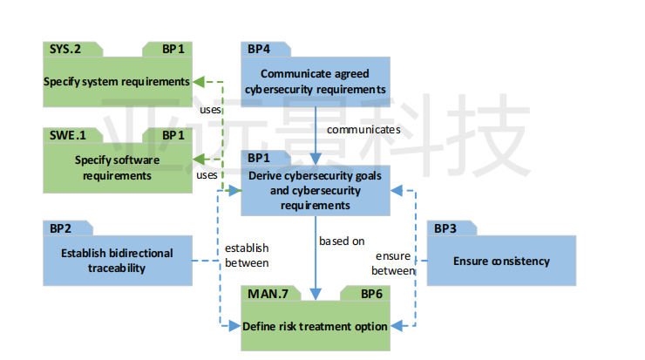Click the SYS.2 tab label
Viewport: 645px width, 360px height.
(x=65, y=50)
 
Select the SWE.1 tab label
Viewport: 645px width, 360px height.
(x=68, y=135)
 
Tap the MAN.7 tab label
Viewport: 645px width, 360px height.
(x=268, y=294)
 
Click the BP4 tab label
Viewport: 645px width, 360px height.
(x=259, y=50)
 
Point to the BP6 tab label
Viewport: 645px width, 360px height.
(x=372, y=294)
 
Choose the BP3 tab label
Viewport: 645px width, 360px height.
(x=445, y=228)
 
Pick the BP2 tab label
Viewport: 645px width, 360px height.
(x=60, y=228)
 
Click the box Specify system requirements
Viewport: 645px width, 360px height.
(x=118, y=82)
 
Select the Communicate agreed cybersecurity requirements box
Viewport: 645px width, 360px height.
(x=316, y=82)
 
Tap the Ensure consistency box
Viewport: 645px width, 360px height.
(x=501, y=261)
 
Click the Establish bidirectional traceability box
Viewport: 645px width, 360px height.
(x=118, y=261)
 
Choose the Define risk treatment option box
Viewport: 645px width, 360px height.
(x=316, y=326)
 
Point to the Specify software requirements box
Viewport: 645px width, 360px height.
(x=118, y=168)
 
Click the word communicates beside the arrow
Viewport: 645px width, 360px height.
(x=363, y=130)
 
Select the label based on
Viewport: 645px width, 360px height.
(x=342, y=241)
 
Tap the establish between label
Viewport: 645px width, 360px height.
(x=247, y=255)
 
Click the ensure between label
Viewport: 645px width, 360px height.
(x=393, y=263)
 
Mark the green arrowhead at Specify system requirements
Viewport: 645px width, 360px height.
(x=199, y=82)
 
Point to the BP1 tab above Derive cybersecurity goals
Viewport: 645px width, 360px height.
(x=259, y=158)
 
